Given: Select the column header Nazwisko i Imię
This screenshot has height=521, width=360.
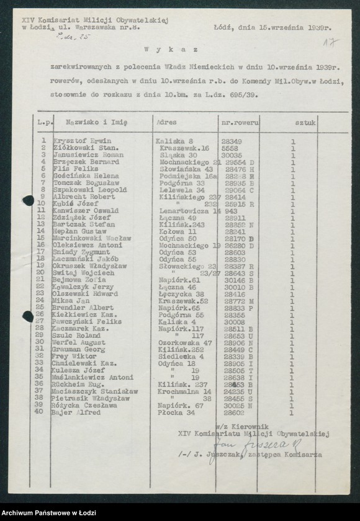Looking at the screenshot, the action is (x=91, y=123).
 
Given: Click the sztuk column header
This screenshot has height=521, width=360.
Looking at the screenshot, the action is (x=306, y=123).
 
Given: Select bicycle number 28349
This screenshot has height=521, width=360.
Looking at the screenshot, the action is (x=232, y=141).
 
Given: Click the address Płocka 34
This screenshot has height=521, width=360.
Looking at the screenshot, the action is (x=174, y=412).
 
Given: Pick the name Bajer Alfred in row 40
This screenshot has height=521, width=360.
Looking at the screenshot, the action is (x=74, y=412).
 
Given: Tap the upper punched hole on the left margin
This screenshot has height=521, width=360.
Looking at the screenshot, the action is (x=28, y=200).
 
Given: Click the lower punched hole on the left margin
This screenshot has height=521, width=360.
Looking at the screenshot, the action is (x=28, y=316).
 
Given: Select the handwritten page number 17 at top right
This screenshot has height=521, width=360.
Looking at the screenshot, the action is (x=331, y=42).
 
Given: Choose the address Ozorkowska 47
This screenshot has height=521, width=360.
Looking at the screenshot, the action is (x=185, y=342).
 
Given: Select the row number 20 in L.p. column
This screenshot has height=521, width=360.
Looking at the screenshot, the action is (x=42, y=273).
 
